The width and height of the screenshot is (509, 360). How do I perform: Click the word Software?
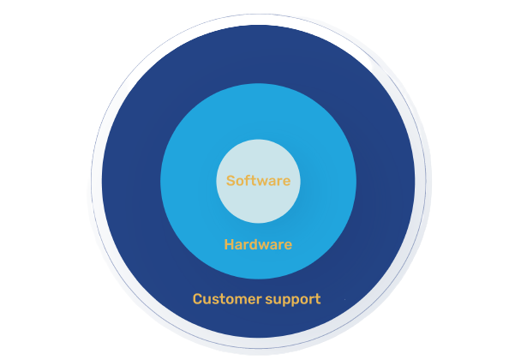258,181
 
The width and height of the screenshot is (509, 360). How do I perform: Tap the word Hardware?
258,244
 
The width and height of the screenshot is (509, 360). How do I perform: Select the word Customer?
227,299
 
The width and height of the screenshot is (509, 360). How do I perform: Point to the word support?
293,300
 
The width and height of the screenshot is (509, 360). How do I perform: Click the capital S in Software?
231,181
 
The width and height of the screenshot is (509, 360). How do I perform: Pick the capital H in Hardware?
229,244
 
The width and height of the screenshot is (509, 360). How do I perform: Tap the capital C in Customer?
197,299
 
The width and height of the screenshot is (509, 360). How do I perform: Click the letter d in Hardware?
257,244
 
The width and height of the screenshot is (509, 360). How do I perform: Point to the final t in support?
318,299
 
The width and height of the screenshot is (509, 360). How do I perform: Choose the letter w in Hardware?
267,246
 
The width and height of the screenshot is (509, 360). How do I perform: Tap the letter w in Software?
260,182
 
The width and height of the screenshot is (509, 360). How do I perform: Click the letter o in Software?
240,182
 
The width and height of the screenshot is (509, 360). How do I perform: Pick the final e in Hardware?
288,246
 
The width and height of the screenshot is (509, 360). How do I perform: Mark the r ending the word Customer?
260,300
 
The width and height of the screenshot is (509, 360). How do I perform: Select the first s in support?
269,301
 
